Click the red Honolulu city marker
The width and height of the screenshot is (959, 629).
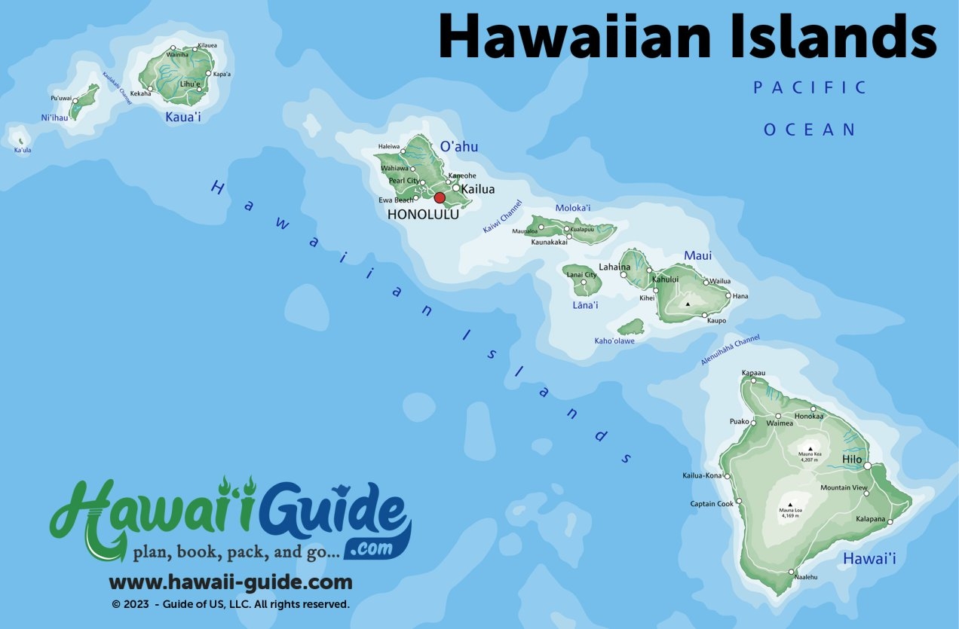[440, 197]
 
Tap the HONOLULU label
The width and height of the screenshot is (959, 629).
[422, 215]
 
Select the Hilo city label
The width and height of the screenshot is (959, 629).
[852, 460]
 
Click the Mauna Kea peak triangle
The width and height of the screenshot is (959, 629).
[810, 448]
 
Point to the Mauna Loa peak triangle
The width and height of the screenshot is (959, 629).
[790, 505]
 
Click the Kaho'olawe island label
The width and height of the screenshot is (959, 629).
[614, 341]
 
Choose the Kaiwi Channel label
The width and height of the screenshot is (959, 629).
[502, 217]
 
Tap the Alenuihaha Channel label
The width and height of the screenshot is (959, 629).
[730, 351]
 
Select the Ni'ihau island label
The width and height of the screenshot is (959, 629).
[54, 118]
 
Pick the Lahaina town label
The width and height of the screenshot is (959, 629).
[614, 267]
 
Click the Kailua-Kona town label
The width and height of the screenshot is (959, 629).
[702, 476]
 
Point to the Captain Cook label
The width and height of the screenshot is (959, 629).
[712, 504]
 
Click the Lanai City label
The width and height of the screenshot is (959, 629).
[581, 275]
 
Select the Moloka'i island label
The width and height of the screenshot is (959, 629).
[573, 208]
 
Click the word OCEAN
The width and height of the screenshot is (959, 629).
[810, 130]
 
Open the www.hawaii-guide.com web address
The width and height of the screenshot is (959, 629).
[231, 582]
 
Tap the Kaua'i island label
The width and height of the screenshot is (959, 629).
[183, 118]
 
